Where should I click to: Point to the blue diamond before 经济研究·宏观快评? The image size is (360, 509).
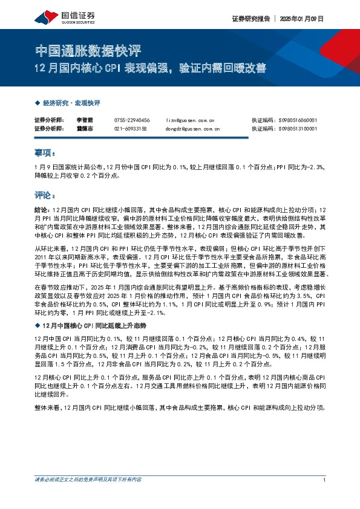[38, 103]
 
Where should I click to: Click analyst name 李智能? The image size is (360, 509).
[85, 120]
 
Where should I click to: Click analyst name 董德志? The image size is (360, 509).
[85, 129]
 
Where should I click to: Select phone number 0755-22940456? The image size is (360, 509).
[131, 120]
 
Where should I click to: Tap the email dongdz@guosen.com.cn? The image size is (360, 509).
[192, 129]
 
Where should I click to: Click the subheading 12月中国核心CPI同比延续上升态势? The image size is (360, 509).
[91, 326]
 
